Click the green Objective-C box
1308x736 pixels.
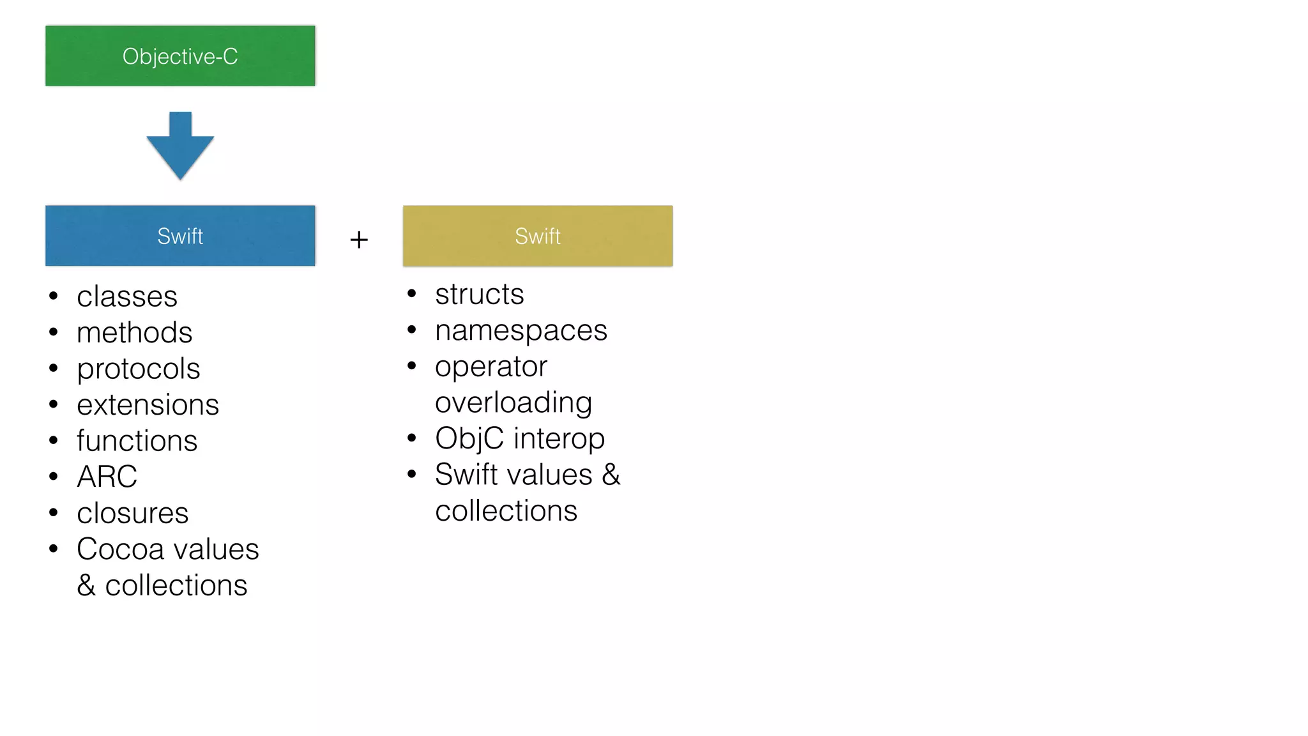click(x=180, y=56)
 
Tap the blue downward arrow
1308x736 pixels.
click(x=180, y=147)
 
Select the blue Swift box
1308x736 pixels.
click(x=180, y=236)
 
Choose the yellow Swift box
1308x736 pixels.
click(x=538, y=236)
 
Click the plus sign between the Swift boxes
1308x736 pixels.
click(x=359, y=240)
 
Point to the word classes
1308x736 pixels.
click(x=127, y=296)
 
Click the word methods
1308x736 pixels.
click(x=134, y=332)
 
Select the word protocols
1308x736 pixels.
click(x=138, y=369)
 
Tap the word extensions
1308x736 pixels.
click(x=148, y=405)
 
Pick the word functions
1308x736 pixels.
click(x=137, y=441)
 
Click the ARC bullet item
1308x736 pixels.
click(x=107, y=477)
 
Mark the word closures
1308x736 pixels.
click(x=132, y=513)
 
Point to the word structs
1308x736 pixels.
click(x=479, y=295)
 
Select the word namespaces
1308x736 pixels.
click(x=521, y=331)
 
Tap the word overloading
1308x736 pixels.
click(x=513, y=402)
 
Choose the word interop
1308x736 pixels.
click(x=559, y=439)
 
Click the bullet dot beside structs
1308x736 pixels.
click(x=412, y=294)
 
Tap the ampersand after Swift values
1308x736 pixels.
click(x=611, y=475)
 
